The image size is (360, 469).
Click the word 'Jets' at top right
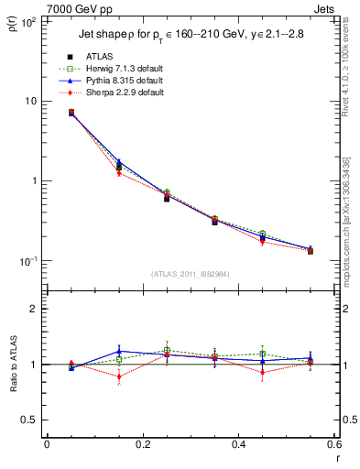click(x=324, y=8)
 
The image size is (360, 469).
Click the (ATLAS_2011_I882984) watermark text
click(x=191, y=274)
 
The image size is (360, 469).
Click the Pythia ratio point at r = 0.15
click(x=118, y=351)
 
